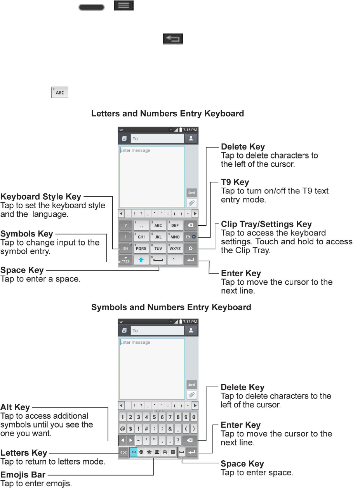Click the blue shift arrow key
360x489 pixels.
pos(141,260)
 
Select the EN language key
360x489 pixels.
pos(125,248)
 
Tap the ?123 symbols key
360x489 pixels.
pos(125,260)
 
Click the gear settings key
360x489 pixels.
pos(190,248)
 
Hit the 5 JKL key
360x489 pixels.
pos(158,237)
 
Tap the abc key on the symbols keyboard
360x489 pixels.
pos(123,452)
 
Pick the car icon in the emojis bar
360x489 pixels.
pos(165,452)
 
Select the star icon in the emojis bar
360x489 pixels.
pos(149,452)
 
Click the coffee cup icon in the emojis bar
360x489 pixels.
pos(157,452)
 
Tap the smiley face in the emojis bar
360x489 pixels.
pos(141,452)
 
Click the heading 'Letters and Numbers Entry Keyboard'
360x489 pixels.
pos(167,114)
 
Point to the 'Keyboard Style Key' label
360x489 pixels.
pos(41,197)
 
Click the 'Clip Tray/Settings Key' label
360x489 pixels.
pos(266,224)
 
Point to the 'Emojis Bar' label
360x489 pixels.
pos(23,475)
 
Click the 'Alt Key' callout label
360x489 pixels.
pos(15,407)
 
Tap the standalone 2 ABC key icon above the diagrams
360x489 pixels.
pos(60,92)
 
